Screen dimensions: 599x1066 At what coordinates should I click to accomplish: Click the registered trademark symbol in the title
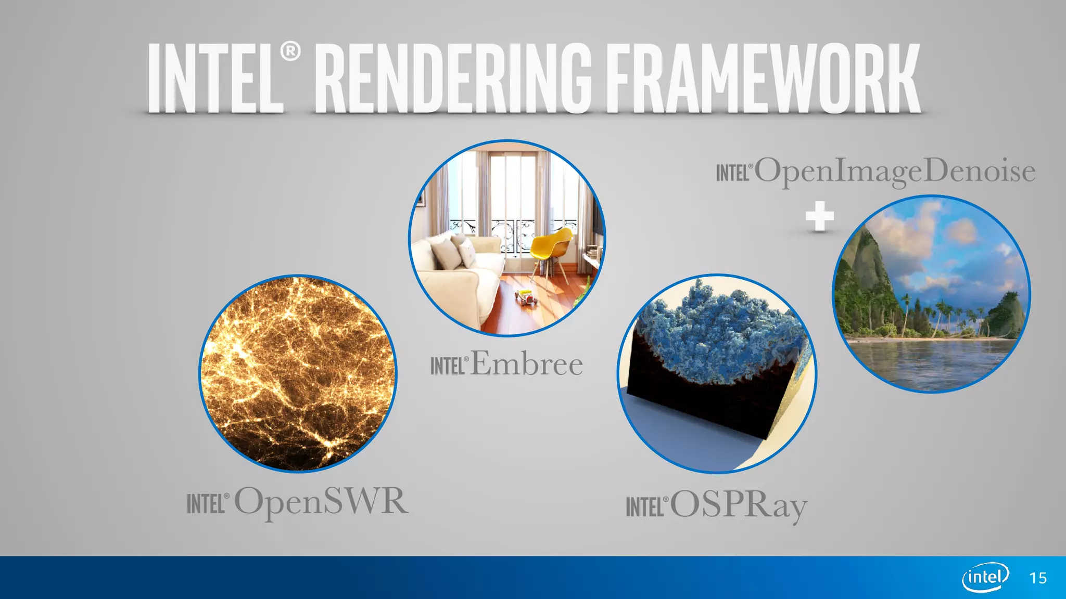pos(290,51)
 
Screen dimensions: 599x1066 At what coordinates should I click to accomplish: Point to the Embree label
pos(527,363)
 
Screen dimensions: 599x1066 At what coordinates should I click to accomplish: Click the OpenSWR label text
pos(321,501)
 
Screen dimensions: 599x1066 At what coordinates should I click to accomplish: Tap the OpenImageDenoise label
pos(894,171)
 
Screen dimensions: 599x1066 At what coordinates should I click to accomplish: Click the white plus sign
pos(820,216)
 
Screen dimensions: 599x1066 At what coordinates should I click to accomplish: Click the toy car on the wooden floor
pos(526,297)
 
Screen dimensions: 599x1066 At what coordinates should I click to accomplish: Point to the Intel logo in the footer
pos(985,577)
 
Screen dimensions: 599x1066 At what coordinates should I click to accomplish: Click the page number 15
pos(1038,578)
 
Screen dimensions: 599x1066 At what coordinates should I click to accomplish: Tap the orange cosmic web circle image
pos(298,373)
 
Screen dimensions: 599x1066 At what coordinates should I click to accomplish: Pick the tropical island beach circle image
pos(931,294)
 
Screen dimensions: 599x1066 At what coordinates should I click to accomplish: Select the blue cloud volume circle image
pos(717,373)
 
